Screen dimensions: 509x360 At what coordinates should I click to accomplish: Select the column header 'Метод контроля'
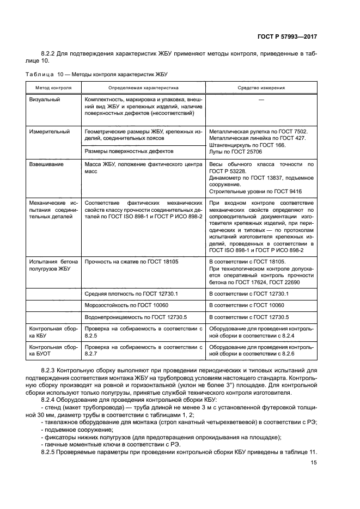click(x=53, y=87)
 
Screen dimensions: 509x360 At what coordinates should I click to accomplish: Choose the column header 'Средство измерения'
click(x=261, y=87)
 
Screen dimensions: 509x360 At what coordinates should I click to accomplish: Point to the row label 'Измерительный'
click(x=49, y=132)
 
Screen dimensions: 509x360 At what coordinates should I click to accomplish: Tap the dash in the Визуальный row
click(x=261, y=100)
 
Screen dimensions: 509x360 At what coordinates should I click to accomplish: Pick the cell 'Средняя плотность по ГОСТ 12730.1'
click(x=132, y=294)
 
